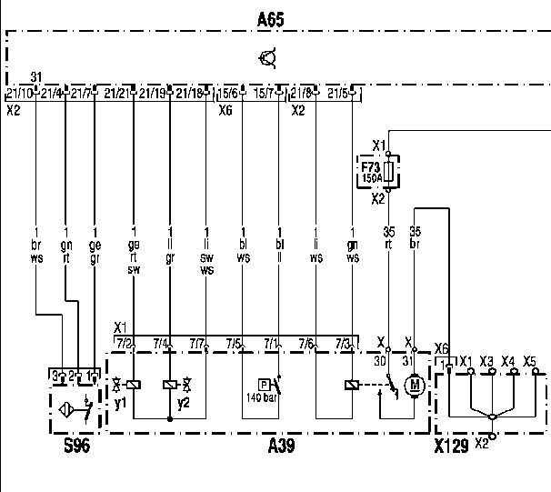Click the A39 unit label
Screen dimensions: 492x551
click(x=280, y=447)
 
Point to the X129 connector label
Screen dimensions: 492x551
click(x=452, y=447)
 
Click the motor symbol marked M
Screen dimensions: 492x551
click(x=415, y=386)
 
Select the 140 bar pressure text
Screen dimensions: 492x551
click(x=260, y=397)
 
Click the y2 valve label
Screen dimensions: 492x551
click(x=183, y=402)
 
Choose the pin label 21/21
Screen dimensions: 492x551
click(x=116, y=94)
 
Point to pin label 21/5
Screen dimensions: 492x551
click(x=337, y=94)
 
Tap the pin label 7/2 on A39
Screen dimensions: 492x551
click(x=125, y=343)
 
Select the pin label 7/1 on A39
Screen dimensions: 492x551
click(x=271, y=343)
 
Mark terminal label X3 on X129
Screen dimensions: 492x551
click(x=486, y=361)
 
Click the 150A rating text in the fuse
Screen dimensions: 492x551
click(x=372, y=179)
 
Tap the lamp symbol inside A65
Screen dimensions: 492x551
click(x=268, y=60)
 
